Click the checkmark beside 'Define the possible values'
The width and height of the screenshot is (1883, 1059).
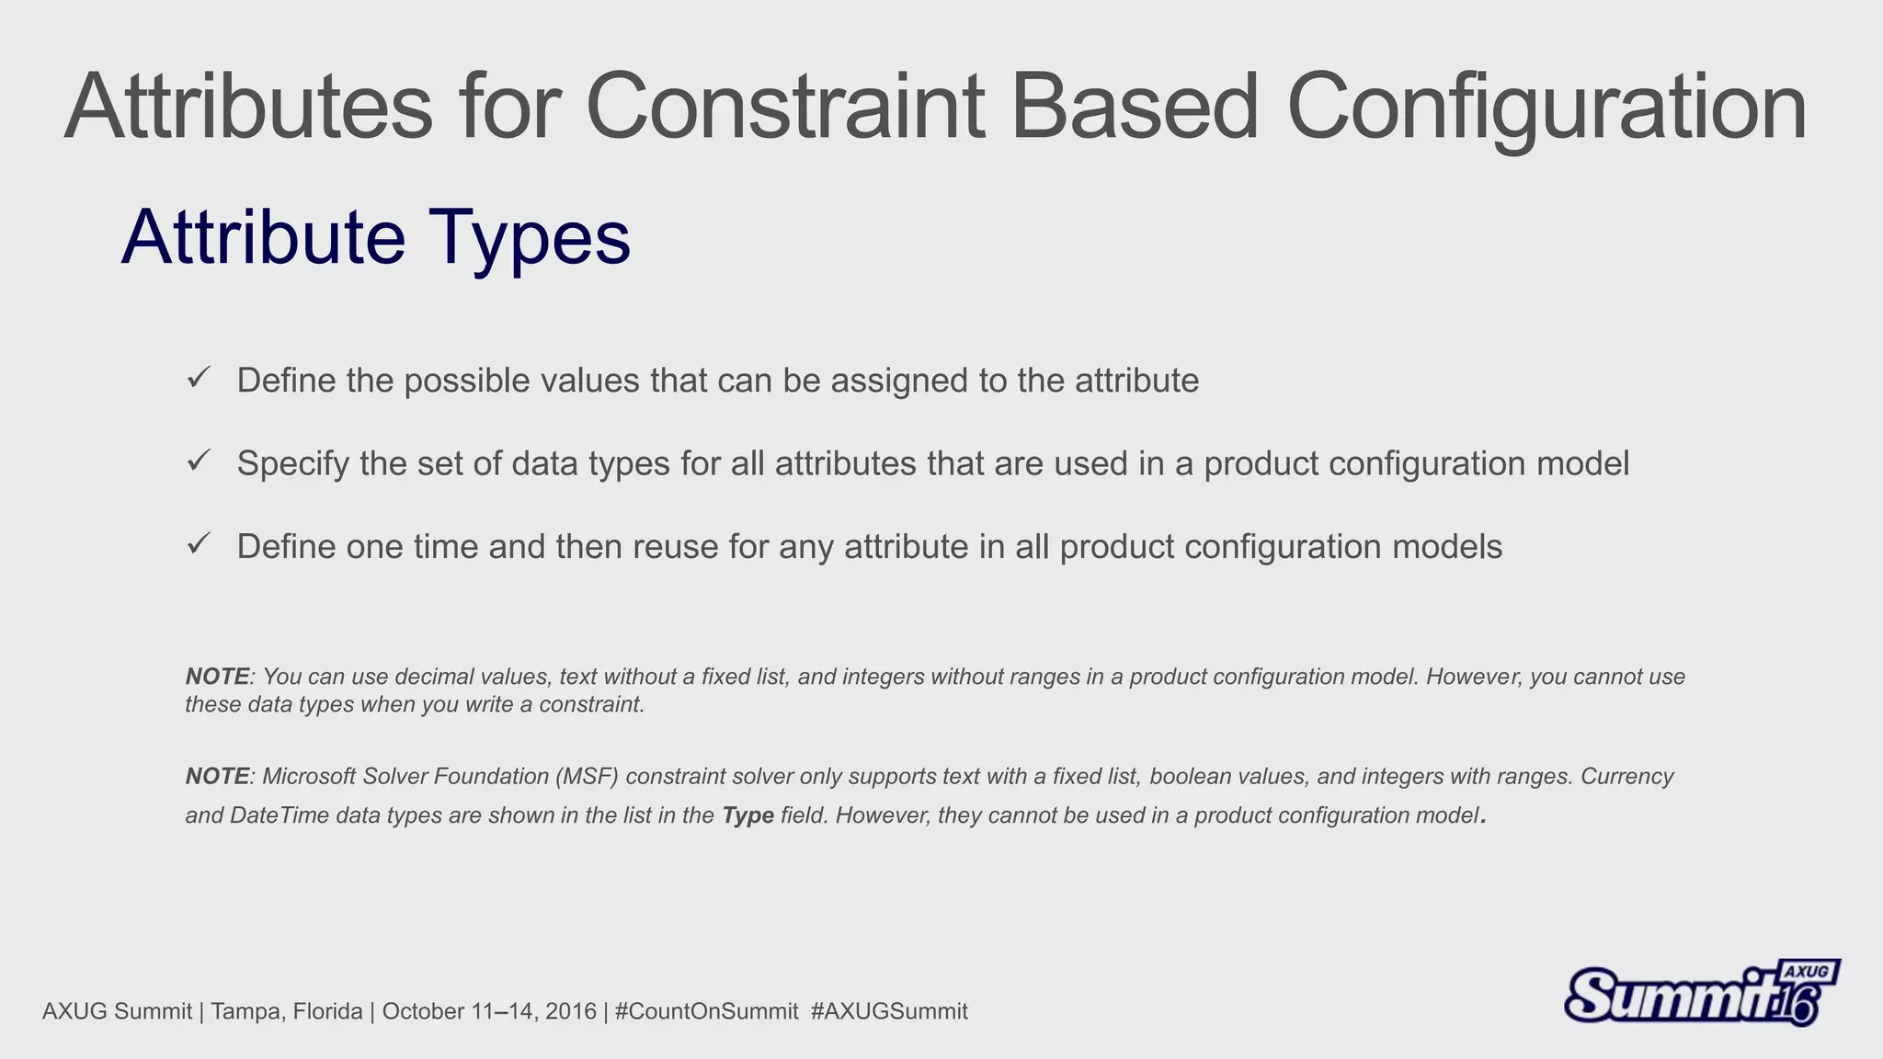point(199,378)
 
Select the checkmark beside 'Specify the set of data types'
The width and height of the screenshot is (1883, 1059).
point(199,461)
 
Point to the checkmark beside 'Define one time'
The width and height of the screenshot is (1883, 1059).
point(199,544)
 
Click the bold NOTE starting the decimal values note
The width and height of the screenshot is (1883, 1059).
point(217,677)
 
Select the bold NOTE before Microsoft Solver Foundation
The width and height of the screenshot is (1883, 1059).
point(217,776)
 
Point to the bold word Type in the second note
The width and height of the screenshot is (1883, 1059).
point(747,815)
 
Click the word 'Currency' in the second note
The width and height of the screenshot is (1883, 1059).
point(1626,776)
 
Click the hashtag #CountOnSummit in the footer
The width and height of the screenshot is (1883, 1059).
point(706,1011)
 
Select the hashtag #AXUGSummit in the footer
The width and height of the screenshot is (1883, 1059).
point(889,1011)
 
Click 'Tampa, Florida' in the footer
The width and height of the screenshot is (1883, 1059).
point(286,1011)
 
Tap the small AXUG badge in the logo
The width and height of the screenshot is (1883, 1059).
point(1807,973)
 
